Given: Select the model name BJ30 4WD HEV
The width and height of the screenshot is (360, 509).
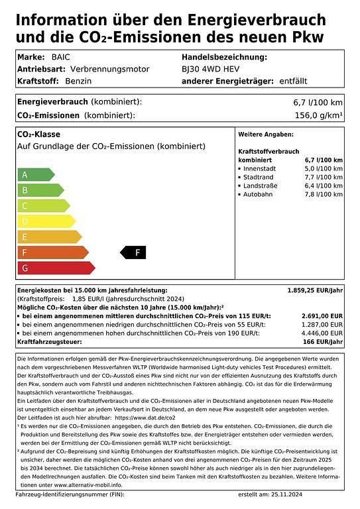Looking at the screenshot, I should click(x=211, y=69).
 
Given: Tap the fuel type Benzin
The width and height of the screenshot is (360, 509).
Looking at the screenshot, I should click(x=79, y=80).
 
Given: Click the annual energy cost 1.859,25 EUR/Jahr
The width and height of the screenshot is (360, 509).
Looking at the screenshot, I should click(x=315, y=290).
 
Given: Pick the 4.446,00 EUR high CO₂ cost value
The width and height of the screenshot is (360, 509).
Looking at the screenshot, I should click(x=322, y=333).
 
